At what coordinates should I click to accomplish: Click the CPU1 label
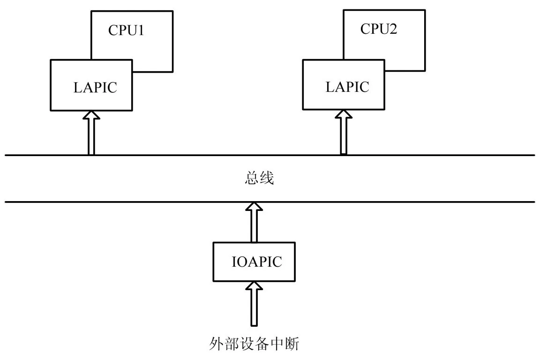125,31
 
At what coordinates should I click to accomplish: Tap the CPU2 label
379,29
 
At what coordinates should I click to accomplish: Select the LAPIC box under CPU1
91,85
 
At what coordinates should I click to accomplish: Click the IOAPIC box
254,262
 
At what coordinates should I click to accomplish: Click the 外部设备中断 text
253,346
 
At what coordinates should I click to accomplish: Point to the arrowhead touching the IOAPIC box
254,286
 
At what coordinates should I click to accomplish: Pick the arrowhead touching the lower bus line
254,207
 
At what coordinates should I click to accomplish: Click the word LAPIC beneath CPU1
95,87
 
